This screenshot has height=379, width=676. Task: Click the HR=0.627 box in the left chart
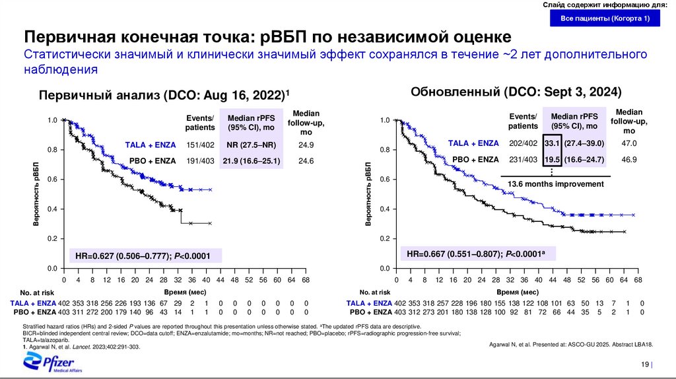coord(146,256)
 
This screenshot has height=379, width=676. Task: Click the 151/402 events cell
coord(199,145)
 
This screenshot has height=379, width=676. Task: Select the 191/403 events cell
coord(199,160)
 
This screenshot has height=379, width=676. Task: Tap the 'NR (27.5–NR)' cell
coord(251,145)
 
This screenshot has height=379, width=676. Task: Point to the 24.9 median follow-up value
coord(305,145)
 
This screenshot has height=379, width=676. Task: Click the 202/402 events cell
coord(523,143)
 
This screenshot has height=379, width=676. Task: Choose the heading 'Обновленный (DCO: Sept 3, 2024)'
coord(516,92)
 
